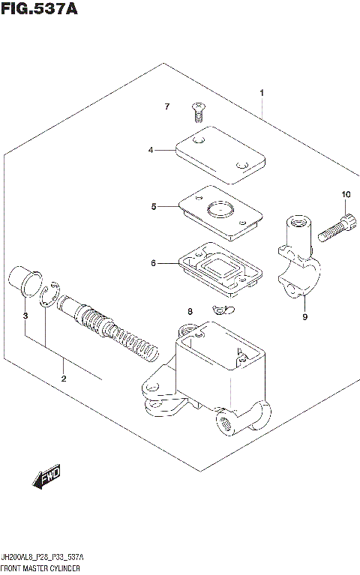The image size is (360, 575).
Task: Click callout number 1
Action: click(262, 93)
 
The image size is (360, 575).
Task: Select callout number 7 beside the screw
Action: click(168, 107)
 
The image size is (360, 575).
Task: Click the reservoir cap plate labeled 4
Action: click(221, 154)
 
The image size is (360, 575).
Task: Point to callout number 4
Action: click(151, 150)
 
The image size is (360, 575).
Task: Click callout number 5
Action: click(153, 206)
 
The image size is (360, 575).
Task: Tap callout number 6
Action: click(153, 263)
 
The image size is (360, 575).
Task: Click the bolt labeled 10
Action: click(335, 228)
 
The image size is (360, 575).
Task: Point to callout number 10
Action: click(346, 195)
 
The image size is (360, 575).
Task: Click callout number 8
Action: click(190, 311)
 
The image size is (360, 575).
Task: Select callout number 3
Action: click(25, 316)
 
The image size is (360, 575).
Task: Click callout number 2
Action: click(64, 378)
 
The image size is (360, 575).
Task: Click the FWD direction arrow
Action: click(46, 478)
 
